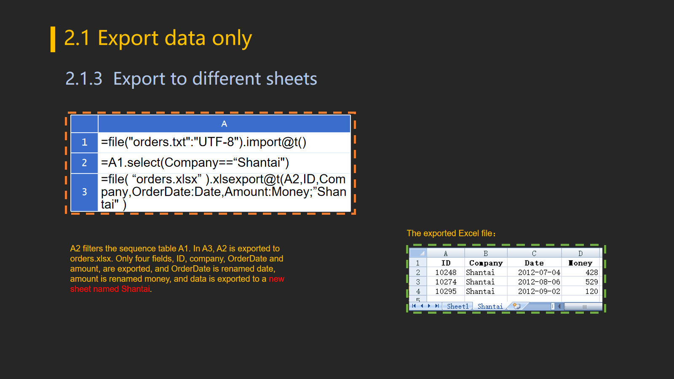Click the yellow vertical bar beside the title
pyautogui.click(x=53, y=39)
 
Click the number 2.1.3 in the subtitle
pyautogui.click(x=84, y=79)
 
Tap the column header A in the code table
pyautogui.click(x=224, y=124)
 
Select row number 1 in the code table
pyautogui.click(x=84, y=142)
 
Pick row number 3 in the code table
pyautogui.click(x=84, y=192)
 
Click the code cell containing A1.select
pyautogui.click(x=224, y=163)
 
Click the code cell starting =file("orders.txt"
pyautogui.click(x=224, y=142)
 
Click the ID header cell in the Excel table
pyautogui.click(x=446, y=263)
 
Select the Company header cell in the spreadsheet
pyautogui.click(x=486, y=263)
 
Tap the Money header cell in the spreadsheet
pyautogui.click(x=580, y=263)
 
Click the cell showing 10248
pyautogui.click(x=446, y=272)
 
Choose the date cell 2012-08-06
pyautogui.click(x=535, y=282)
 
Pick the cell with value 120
pyautogui.click(x=580, y=291)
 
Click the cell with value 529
pyautogui.click(x=580, y=282)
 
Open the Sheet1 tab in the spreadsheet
pyautogui.click(x=457, y=306)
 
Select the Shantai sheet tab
pyautogui.click(x=490, y=306)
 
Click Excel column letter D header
pyautogui.click(x=580, y=253)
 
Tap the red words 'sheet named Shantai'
pyautogui.click(x=110, y=289)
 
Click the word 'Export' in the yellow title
pyautogui.click(x=128, y=38)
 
